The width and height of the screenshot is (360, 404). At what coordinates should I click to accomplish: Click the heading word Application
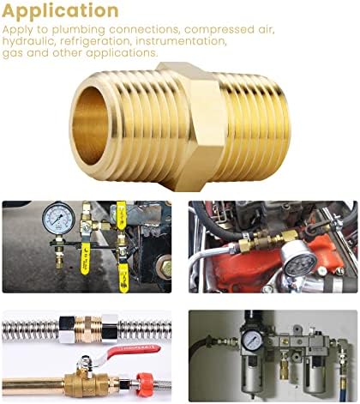click(60, 11)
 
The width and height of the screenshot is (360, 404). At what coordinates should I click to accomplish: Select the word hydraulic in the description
click(28, 42)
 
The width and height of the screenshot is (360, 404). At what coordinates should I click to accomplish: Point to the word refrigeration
click(95, 42)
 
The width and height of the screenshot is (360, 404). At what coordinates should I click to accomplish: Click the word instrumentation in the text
click(181, 41)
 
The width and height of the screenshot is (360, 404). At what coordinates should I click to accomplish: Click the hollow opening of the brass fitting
click(90, 125)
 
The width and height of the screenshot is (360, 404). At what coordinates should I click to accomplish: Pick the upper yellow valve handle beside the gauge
click(122, 215)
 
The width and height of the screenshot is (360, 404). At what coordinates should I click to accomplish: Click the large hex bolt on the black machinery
click(164, 266)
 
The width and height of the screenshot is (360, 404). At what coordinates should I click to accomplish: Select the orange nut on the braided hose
click(144, 382)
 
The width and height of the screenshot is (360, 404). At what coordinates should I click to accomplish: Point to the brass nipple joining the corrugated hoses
click(88, 329)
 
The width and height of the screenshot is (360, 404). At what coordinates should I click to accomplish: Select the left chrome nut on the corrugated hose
click(67, 329)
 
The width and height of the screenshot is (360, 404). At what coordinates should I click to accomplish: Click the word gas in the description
click(12, 54)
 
